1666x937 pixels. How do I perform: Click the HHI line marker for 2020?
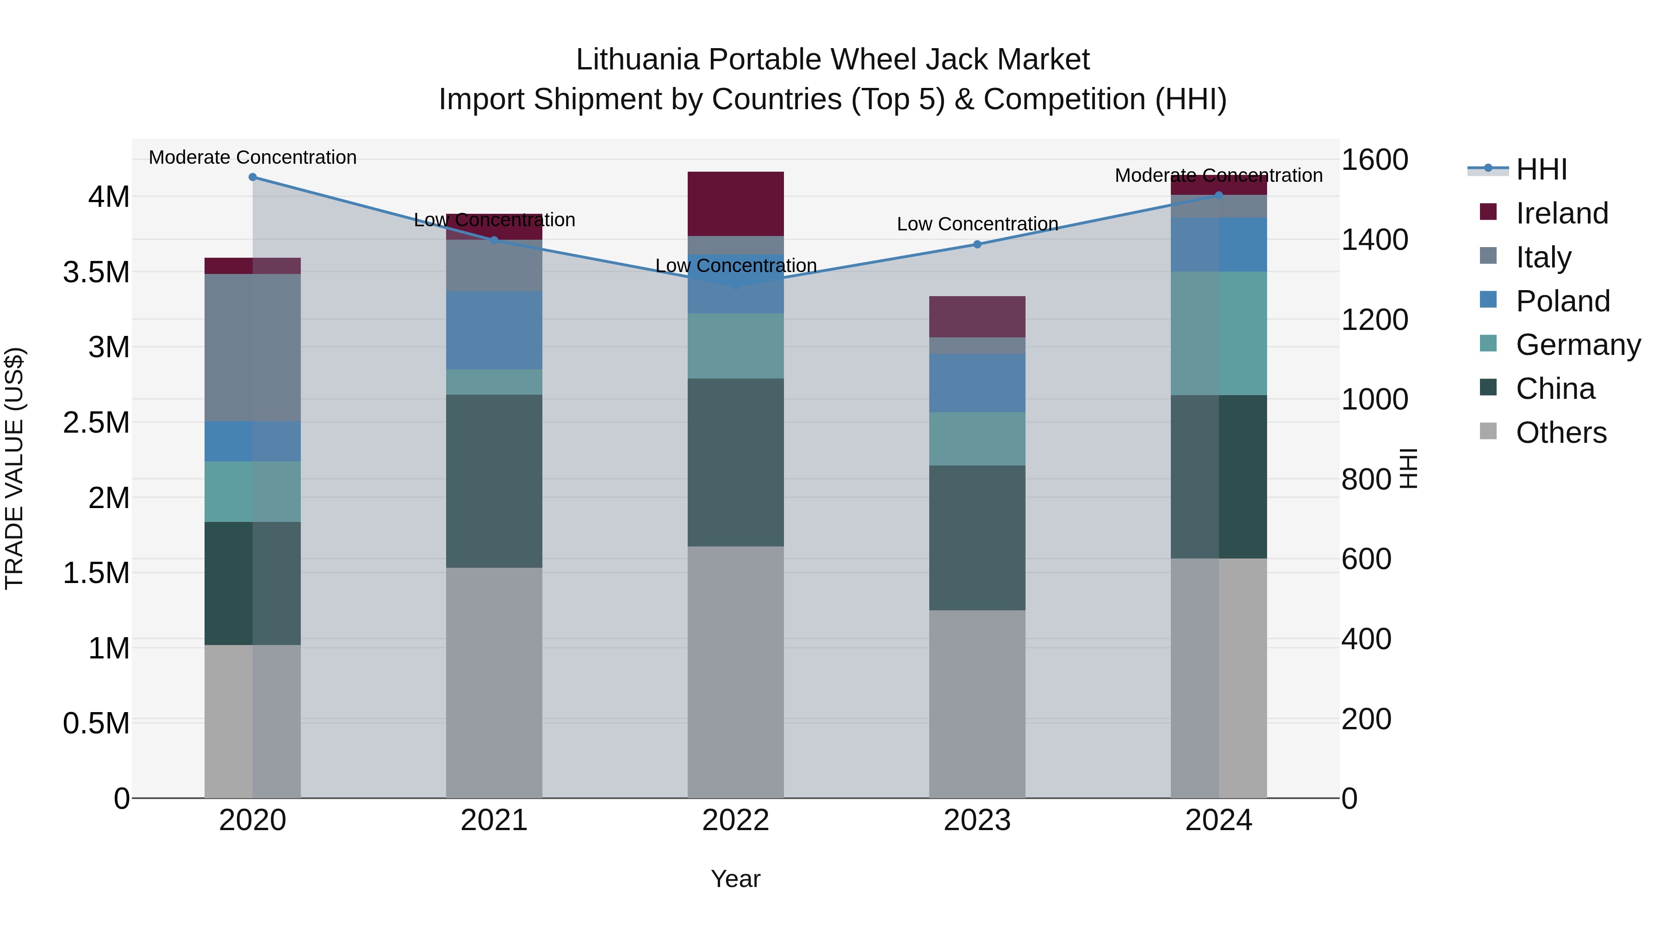tap(253, 177)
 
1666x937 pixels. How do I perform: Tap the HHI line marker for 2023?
tap(977, 244)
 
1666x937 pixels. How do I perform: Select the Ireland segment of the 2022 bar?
tap(735, 204)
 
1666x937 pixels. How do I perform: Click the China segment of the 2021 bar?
tap(494, 481)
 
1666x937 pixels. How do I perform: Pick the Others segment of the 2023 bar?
tap(977, 703)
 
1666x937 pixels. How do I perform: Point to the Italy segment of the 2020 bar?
tap(253, 348)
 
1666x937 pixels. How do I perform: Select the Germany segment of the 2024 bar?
tap(1218, 333)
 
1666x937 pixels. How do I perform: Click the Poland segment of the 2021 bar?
tap(494, 330)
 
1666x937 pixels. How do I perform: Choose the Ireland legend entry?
tap(1561, 213)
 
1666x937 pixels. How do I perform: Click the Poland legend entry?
tap(1562, 301)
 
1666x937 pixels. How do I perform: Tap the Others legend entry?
tap(1560, 433)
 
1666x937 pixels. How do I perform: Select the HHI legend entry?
tap(1541, 169)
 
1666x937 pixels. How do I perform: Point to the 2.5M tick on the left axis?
tap(96, 423)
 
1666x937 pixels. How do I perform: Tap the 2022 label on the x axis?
tap(735, 820)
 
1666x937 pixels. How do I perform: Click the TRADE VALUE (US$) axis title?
tap(14, 468)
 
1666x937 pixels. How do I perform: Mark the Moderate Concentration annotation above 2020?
tap(253, 157)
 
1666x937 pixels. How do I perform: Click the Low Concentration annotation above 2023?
tap(977, 224)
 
